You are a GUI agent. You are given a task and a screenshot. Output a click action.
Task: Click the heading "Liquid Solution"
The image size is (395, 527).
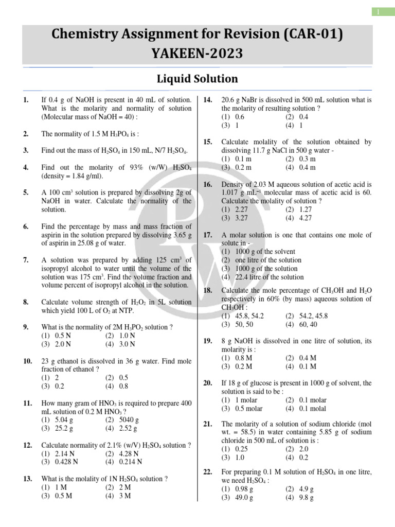click(x=197, y=79)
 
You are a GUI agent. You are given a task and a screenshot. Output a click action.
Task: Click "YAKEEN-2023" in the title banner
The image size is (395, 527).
click(x=197, y=53)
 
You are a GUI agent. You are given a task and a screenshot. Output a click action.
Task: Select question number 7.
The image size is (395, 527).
click(x=26, y=260)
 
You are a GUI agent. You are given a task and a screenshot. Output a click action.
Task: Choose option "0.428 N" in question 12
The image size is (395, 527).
click(x=66, y=462)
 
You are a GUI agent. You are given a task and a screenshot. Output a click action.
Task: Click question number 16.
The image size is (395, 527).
click(x=208, y=184)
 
